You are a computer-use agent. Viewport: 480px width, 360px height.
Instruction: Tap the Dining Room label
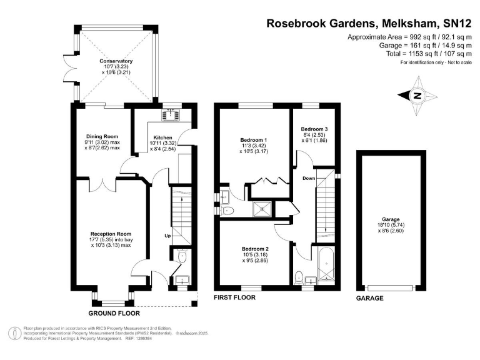click(x=102, y=136)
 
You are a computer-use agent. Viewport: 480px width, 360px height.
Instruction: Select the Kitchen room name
click(x=162, y=136)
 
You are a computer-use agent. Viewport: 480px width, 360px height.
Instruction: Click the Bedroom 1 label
click(x=254, y=139)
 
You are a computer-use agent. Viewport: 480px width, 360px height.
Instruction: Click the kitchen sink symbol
click(x=170, y=114)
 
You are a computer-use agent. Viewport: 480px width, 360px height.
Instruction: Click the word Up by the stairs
click(x=167, y=236)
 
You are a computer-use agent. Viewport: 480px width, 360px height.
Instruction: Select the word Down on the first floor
click(x=309, y=179)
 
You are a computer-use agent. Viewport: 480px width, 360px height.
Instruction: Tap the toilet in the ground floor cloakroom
click(x=181, y=256)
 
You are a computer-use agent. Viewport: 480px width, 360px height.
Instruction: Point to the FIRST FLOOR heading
click(x=235, y=298)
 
